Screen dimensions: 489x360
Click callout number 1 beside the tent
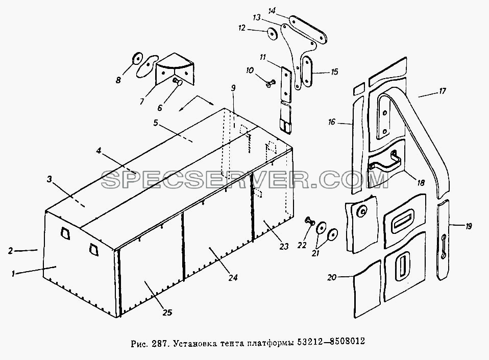pos(13,274)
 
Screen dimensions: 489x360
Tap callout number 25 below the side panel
pos(167,313)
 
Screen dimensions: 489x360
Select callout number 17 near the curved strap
pos(442,91)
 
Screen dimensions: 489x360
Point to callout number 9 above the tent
pos(233,88)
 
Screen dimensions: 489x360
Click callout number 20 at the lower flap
pos(332,277)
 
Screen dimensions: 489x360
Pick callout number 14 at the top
pos(272,11)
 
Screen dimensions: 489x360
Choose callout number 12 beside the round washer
pos(242,28)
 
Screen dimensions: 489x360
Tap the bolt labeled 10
pos(271,83)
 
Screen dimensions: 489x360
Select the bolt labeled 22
pos(309,222)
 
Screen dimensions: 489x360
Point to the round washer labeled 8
pos(137,58)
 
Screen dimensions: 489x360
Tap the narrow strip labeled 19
pos(443,239)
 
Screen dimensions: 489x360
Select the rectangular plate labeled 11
pos(286,84)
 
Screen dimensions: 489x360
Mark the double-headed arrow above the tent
pos(197,104)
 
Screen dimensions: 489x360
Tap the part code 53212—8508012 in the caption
pos(331,342)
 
